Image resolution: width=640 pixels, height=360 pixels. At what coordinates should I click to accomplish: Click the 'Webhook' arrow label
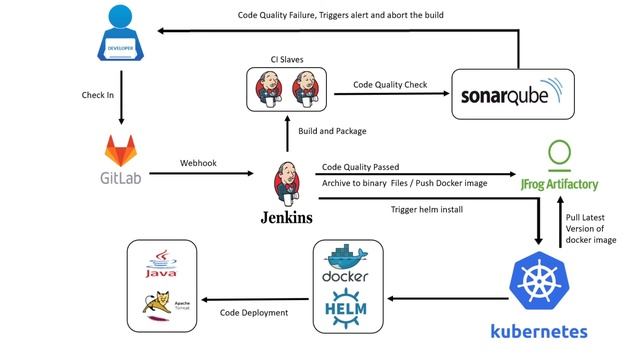pyautogui.click(x=199, y=162)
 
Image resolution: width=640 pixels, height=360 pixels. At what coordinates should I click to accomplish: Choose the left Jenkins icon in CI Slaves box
pyautogui.click(x=267, y=93)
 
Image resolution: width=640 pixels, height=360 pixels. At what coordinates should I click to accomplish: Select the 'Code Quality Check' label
pyautogui.click(x=389, y=85)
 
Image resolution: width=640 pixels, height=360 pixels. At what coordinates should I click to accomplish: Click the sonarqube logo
pyautogui.click(x=514, y=96)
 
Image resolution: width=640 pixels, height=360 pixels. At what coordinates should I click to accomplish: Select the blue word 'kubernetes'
pyautogui.click(x=538, y=330)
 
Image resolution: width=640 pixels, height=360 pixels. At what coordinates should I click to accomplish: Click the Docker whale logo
pyautogui.click(x=345, y=262)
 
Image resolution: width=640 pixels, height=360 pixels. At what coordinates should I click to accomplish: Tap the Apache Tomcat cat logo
pyautogui.click(x=160, y=305)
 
